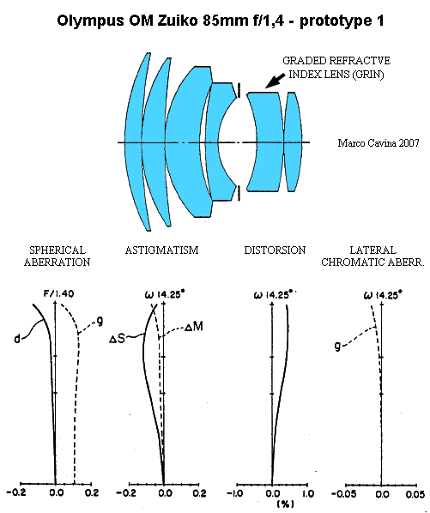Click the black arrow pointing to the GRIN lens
275,81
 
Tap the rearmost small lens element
294,142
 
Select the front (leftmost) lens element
136,142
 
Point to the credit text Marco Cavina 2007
379,143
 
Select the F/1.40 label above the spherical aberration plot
59,293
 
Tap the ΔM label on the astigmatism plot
194,327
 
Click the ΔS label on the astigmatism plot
117,339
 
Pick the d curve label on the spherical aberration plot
17,339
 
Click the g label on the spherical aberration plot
100,322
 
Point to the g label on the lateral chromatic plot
337,346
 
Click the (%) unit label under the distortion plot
286,504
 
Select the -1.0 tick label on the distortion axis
234,493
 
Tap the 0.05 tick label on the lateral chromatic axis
415,493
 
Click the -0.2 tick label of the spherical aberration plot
16,492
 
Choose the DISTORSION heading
275,250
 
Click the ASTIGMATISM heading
161,250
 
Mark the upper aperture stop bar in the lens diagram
239,90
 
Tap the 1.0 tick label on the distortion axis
307,493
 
